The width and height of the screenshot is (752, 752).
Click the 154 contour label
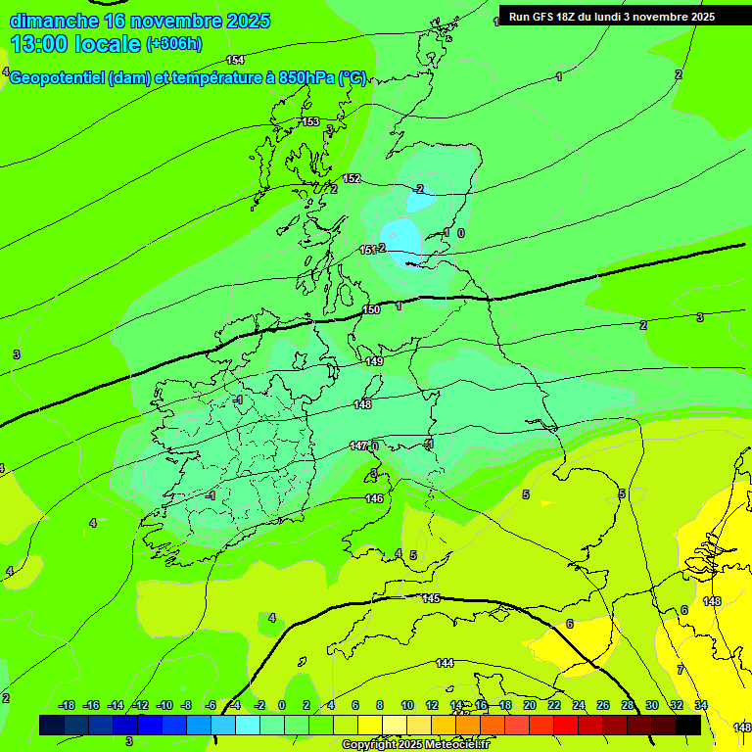235,60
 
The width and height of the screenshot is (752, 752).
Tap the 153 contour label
310,121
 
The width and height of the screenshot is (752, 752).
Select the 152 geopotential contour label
352,178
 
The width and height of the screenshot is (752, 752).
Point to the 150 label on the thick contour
371,309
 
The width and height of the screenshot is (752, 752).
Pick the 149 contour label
374,361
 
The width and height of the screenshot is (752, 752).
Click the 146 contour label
374,498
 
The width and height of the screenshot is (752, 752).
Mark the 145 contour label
431,598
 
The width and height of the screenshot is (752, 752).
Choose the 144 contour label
445,663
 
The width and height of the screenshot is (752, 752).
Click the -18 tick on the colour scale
67,705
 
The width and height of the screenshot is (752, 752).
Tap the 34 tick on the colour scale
701,705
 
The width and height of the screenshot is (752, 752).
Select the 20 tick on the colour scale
529,705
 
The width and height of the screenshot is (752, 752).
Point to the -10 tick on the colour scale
164,705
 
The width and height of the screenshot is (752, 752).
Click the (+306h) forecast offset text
174,43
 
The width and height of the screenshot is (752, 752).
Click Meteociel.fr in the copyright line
454,744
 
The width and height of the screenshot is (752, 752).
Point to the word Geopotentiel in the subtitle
58,77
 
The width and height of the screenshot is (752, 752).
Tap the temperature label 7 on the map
680,670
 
